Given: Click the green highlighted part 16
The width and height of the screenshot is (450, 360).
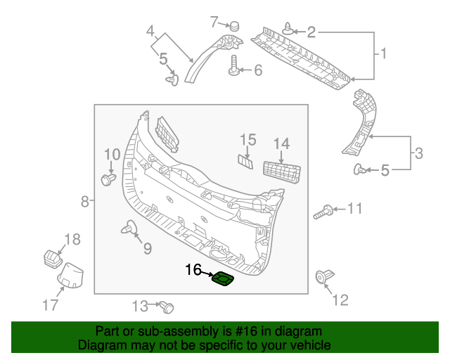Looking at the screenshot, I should pyautogui.click(x=223, y=280).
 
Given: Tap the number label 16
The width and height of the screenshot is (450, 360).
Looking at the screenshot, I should pyautogui.click(x=193, y=269).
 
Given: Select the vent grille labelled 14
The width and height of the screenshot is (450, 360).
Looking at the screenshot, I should pyautogui.click(x=281, y=172).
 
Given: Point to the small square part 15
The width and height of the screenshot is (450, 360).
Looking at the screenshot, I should pyautogui.click(x=246, y=160).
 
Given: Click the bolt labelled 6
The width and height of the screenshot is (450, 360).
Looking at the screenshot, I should pyautogui.click(x=233, y=70).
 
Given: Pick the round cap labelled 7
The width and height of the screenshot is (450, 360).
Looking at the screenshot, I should pyautogui.click(x=234, y=25).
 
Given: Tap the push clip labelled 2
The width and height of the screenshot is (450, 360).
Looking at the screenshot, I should pyautogui.click(x=290, y=30).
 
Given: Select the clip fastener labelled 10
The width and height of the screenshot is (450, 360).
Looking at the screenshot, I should pyautogui.click(x=108, y=179).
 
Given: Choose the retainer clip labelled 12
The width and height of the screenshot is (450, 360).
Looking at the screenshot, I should pyautogui.click(x=325, y=277).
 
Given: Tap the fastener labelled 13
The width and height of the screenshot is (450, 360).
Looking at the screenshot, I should pyautogui.click(x=167, y=307).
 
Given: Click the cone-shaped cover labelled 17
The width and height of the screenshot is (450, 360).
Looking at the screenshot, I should pyautogui.click(x=70, y=275).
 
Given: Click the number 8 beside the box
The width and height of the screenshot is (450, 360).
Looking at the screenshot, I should pyautogui.click(x=84, y=202).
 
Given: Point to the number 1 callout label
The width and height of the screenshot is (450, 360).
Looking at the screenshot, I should pyautogui.click(x=384, y=53).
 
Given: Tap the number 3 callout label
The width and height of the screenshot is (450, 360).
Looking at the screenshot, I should pyautogui.click(x=418, y=153).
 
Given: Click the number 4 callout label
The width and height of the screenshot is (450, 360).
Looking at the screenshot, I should pyautogui.click(x=150, y=31).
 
